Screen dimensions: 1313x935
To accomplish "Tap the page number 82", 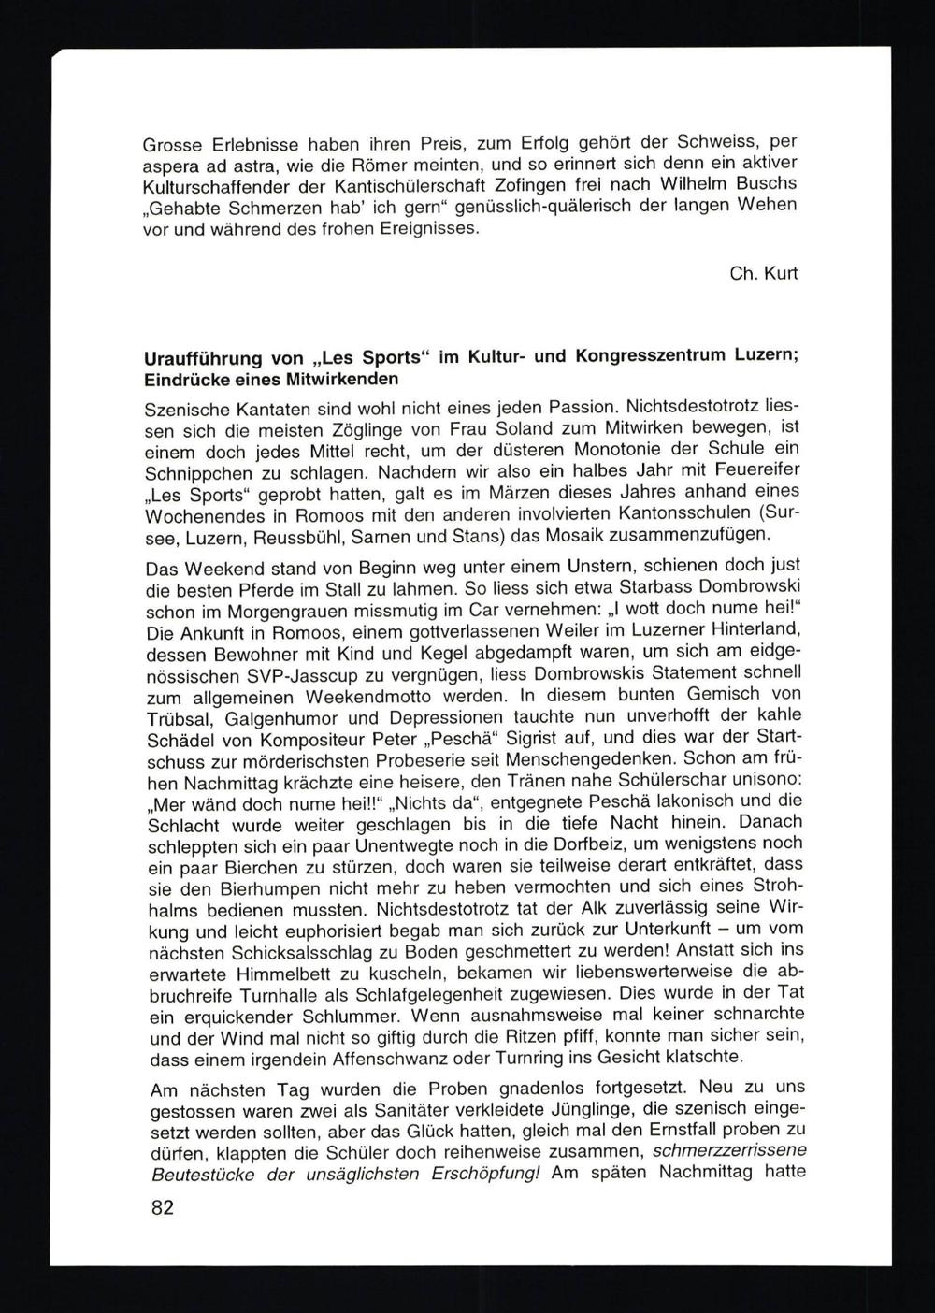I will click(162, 1207).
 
